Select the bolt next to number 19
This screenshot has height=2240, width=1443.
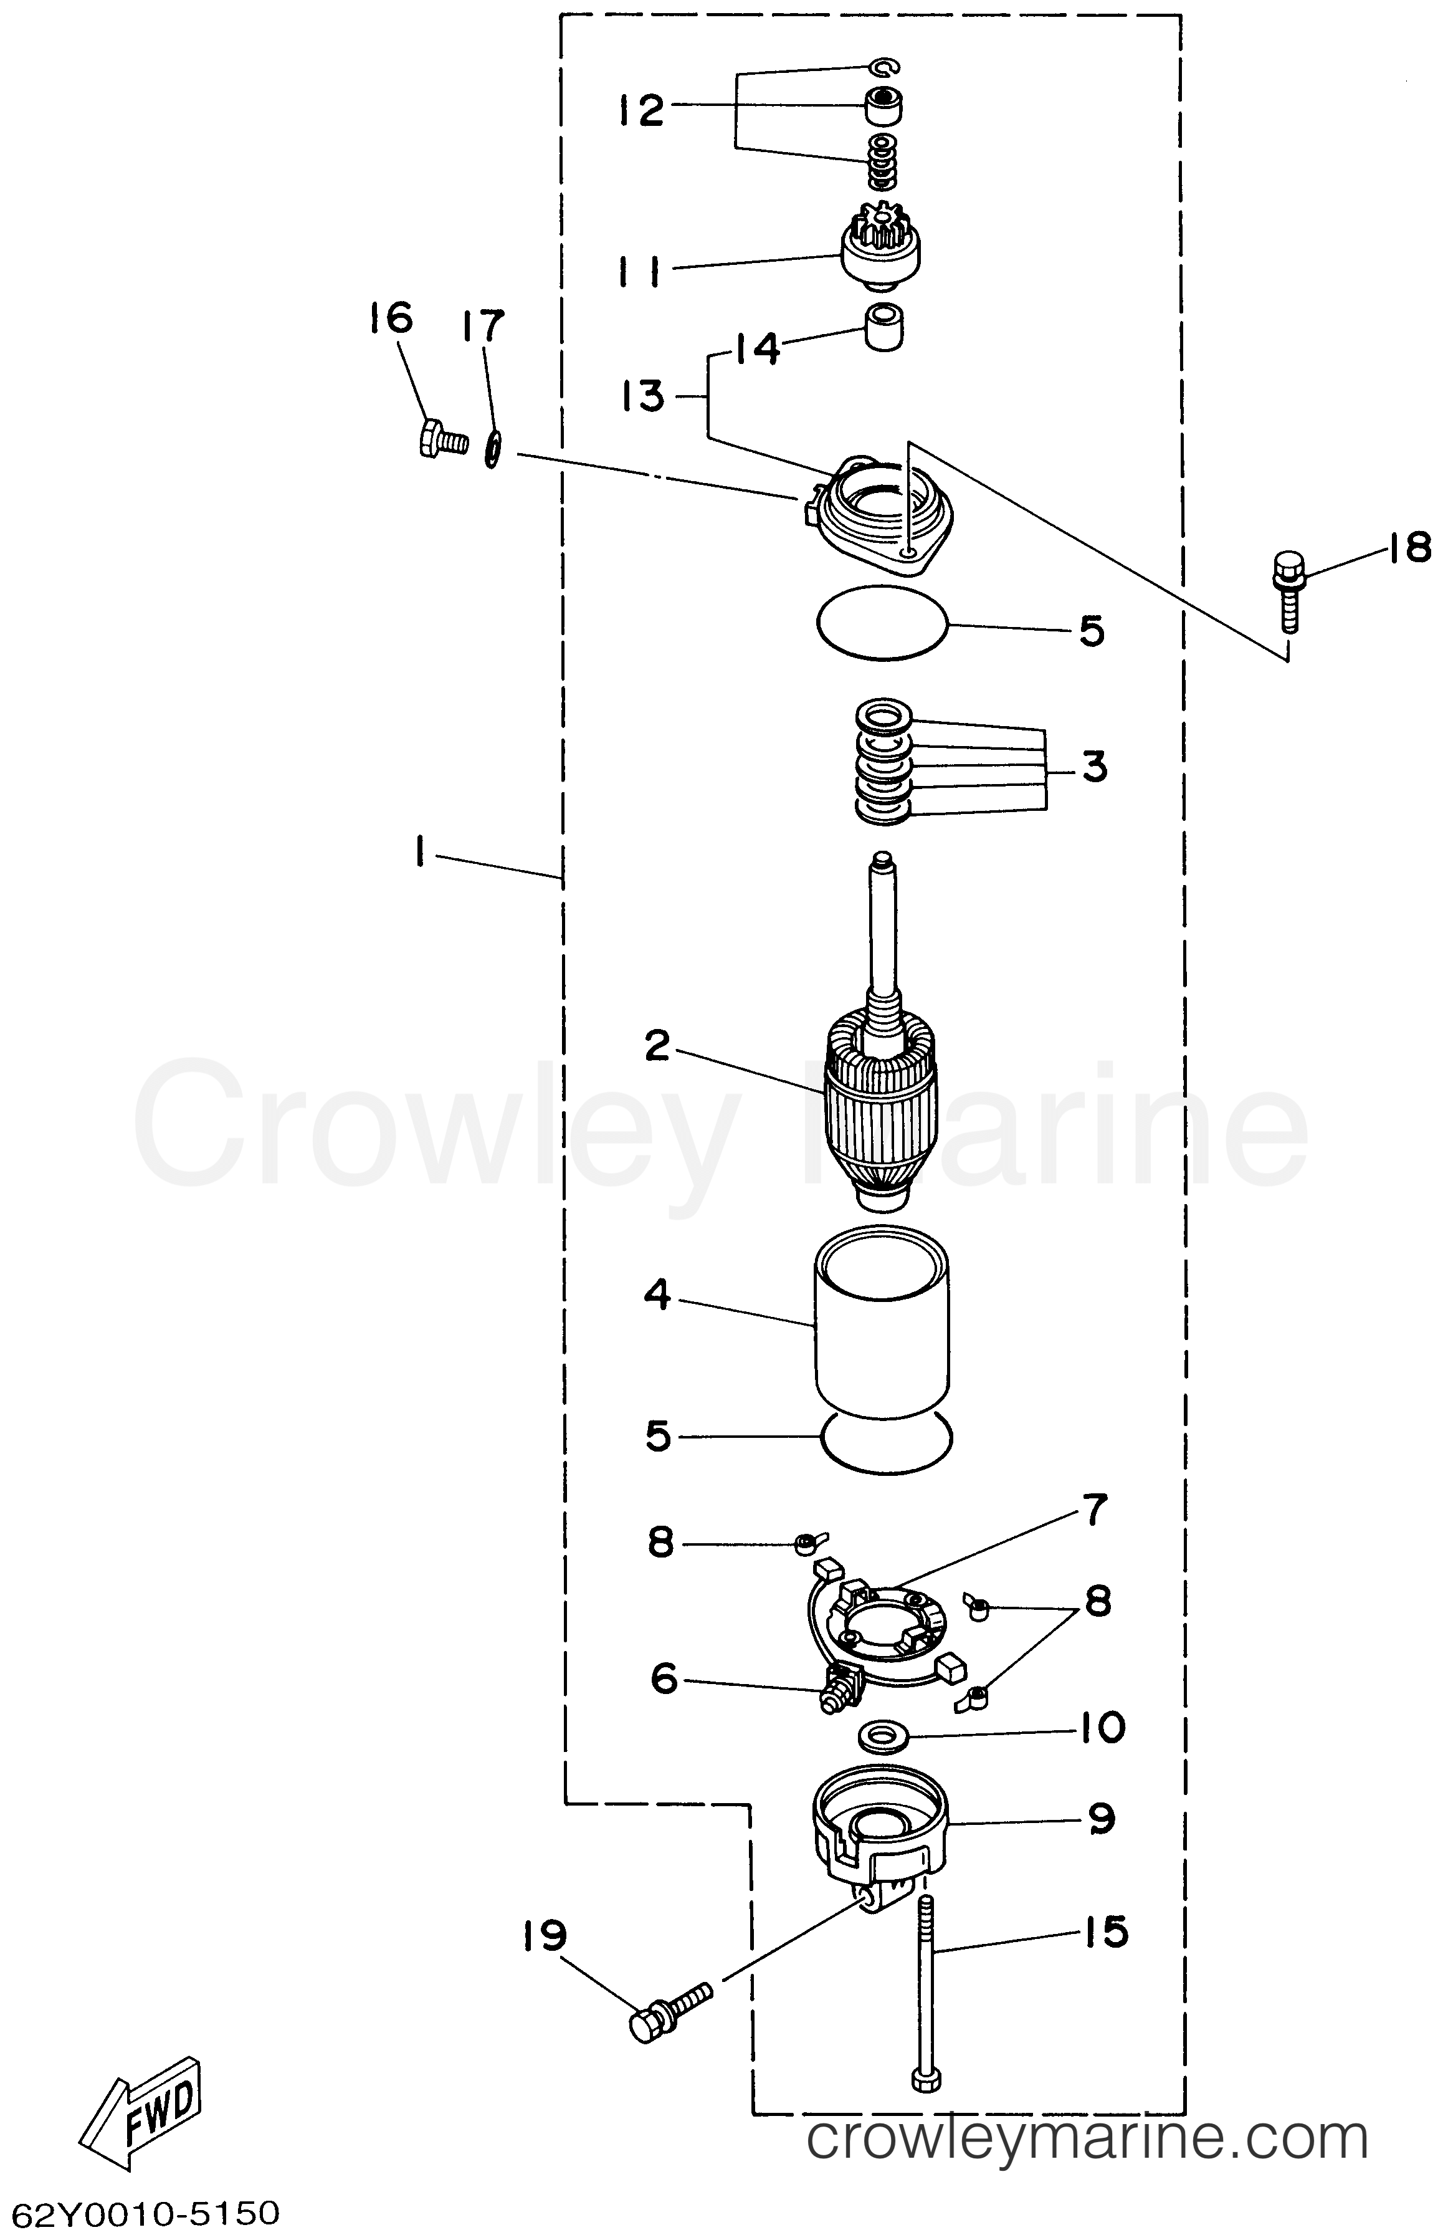670,2009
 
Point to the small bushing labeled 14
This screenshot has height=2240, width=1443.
883,327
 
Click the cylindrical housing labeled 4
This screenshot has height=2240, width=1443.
883,1342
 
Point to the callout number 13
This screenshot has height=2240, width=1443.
642,396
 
